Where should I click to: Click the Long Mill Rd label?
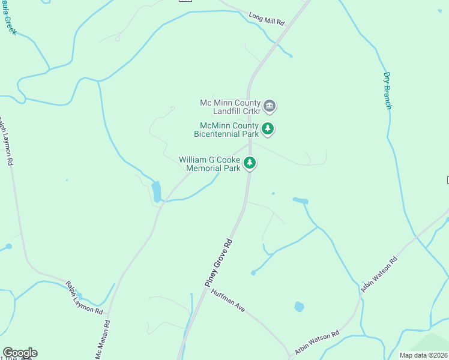(x=267, y=20)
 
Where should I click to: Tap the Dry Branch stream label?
(x=387, y=91)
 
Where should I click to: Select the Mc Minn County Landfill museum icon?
(x=270, y=107)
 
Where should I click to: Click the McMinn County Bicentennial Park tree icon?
(x=268, y=128)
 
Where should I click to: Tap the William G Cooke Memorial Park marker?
(x=250, y=163)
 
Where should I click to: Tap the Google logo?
(x=20, y=353)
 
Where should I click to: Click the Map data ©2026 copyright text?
(x=423, y=355)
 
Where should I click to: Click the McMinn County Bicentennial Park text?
(x=226, y=130)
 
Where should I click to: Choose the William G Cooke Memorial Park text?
(x=209, y=164)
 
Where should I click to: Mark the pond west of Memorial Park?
(x=157, y=191)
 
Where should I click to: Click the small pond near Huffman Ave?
(x=299, y=307)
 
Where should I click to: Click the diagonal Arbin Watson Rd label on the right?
(x=379, y=276)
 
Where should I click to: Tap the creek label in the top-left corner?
(x=8, y=18)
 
